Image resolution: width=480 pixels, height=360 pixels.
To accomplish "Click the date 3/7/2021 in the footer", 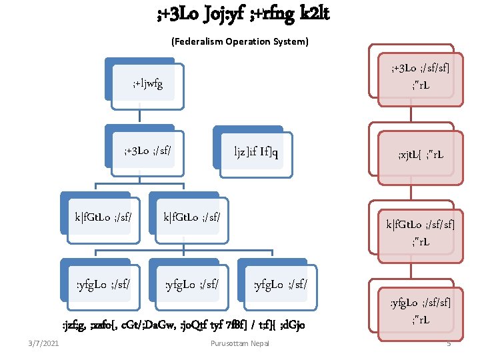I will click(43, 343).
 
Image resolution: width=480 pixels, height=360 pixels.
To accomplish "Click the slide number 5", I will click(449, 343).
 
